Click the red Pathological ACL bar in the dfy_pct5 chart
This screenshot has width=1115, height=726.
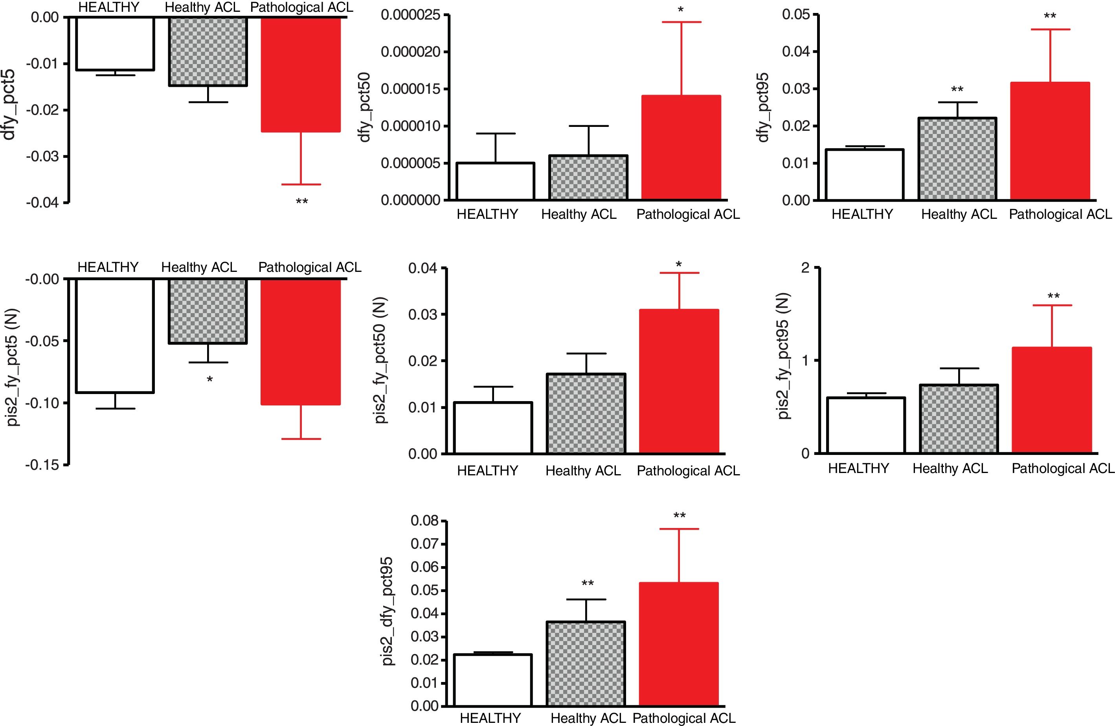click(301, 75)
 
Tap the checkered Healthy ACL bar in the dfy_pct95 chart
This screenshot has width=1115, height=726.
click(957, 159)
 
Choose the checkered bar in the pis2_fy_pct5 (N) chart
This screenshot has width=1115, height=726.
click(208, 312)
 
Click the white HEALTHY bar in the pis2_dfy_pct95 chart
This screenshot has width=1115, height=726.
click(493, 680)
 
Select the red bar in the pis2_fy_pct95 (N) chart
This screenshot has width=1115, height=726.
click(1052, 400)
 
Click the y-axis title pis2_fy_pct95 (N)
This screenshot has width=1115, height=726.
click(783, 356)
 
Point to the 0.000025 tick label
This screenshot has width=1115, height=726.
click(410, 15)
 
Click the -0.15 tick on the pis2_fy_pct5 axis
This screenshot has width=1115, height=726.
click(42, 465)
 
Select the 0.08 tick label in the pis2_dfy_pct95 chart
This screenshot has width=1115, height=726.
click(424, 521)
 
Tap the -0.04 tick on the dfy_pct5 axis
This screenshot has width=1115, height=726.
click(42, 203)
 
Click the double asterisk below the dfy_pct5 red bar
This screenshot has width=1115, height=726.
click(302, 202)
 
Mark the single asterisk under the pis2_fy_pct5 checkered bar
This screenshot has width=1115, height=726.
click(209, 379)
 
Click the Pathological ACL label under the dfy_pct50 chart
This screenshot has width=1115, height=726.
click(688, 214)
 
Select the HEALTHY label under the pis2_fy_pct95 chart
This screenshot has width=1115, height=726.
click(858, 468)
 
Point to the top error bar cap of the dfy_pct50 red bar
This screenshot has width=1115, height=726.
click(681, 22)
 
